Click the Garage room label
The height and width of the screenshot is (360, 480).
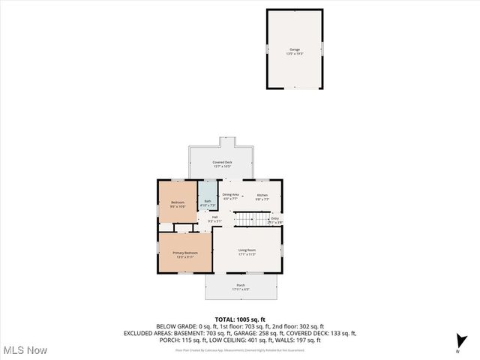[x=295, y=49]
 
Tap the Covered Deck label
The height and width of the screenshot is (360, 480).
[x=222, y=162]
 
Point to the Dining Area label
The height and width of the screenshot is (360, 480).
[x=230, y=195]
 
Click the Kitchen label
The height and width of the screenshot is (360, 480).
[x=262, y=195]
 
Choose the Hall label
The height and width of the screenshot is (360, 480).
[x=214, y=217]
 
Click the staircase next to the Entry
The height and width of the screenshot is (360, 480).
[x=251, y=219]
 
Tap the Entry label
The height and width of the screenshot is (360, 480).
[x=274, y=218]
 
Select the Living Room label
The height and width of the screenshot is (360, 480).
[x=247, y=250]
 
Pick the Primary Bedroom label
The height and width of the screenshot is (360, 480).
[x=185, y=253]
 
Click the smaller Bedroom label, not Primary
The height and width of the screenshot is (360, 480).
[x=177, y=202]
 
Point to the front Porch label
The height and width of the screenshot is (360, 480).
[x=241, y=285]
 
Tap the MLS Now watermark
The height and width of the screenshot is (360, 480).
[x=25, y=350]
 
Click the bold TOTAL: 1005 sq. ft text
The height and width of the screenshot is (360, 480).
[x=240, y=319]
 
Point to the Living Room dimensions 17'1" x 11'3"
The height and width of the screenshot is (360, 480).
[x=247, y=254]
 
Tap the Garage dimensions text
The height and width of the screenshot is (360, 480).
[x=295, y=54]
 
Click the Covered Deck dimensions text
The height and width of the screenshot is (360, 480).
[x=222, y=166]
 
